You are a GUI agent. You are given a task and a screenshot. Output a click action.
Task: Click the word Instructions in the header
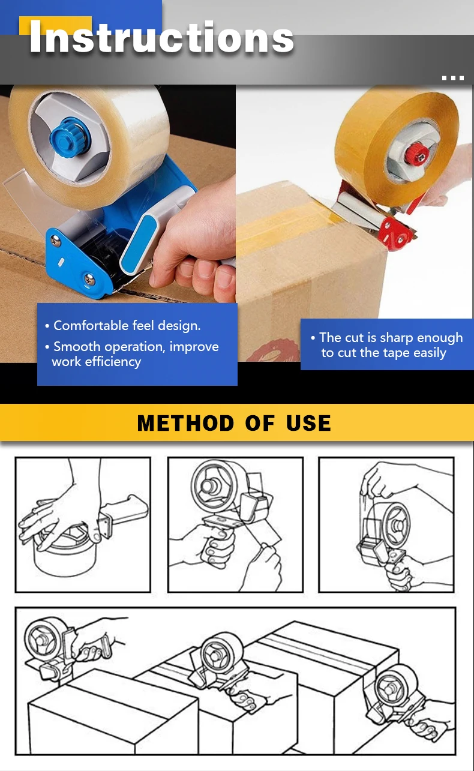[161, 37]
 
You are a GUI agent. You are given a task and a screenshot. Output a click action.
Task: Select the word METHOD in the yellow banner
[185, 423]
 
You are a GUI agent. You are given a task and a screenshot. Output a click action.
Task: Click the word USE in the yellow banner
[308, 423]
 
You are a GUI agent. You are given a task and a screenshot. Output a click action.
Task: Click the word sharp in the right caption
[396, 338]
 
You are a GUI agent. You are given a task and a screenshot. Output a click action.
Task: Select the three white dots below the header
[453, 78]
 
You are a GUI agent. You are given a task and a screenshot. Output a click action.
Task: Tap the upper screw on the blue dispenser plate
[55, 241]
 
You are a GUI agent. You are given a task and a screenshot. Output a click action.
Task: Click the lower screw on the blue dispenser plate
[89, 279]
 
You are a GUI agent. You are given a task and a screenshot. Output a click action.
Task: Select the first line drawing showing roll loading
[83, 525]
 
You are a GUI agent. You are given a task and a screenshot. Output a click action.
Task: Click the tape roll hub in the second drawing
[209, 485]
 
